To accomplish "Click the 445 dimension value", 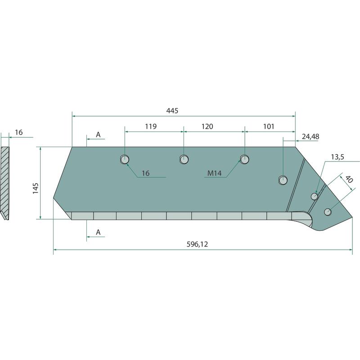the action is [x=172, y=111].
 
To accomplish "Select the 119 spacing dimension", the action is [x=151, y=126].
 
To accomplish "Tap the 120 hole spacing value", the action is [x=207, y=126].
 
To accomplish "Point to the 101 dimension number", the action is [x=269, y=126].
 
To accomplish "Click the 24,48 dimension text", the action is [x=310, y=137].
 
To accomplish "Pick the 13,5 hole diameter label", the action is [x=337, y=157].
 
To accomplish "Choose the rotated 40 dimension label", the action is [x=349, y=179].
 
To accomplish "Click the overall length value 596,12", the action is [x=197, y=244].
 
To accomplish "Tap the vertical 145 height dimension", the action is [x=36, y=189].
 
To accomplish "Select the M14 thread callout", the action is [x=215, y=173].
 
